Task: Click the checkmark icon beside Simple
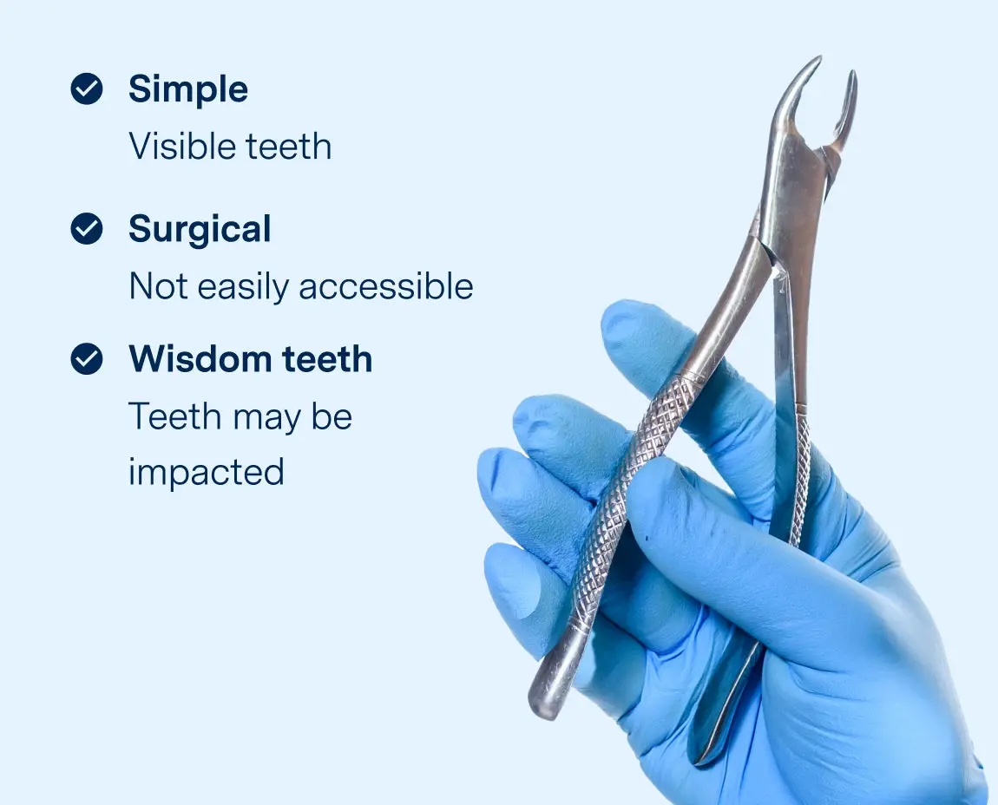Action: tap(87, 88)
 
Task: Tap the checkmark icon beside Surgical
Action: tap(87, 229)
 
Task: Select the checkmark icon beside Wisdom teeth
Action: tap(87, 358)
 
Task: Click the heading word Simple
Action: tap(188, 89)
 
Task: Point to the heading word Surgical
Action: tap(200, 230)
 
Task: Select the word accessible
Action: tap(387, 286)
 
